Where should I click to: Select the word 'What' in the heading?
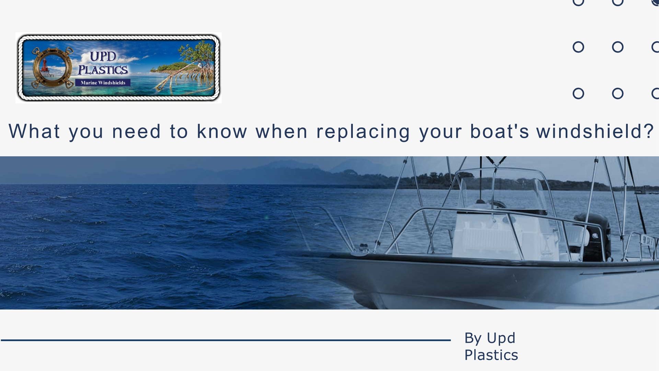(x=34, y=131)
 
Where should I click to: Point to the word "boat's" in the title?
(x=499, y=131)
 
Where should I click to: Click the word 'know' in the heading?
(x=222, y=131)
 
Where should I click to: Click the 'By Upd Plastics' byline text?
(x=491, y=346)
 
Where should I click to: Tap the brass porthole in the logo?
(x=52, y=67)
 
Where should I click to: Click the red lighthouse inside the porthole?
(x=45, y=67)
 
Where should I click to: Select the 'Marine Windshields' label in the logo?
(x=103, y=83)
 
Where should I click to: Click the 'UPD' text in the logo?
(x=103, y=56)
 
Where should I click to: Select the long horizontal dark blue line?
(x=226, y=340)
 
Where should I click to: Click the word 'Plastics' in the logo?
(x=103, y=70)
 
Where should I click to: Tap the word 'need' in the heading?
(x=136, y=131)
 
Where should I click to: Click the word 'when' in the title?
(x=281, y=131)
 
